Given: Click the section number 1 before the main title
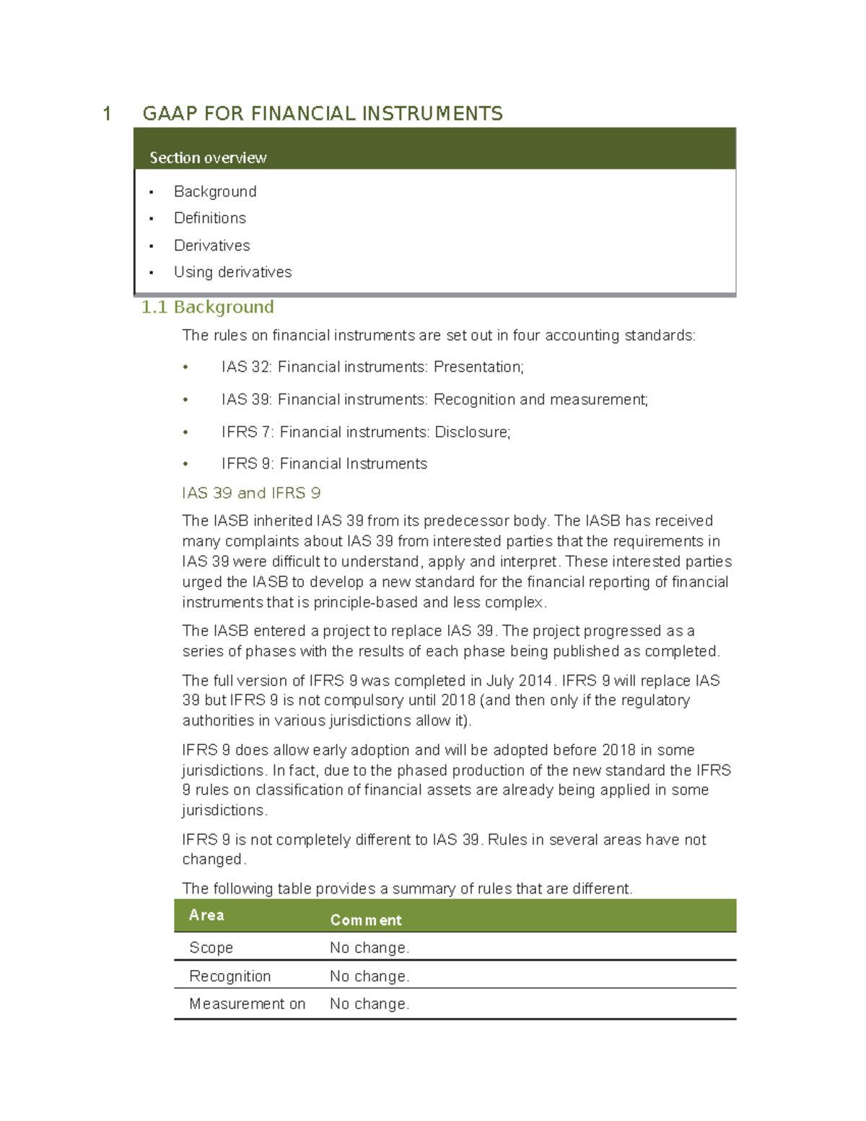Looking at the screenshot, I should pos(107,113).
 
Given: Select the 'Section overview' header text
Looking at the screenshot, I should pos(208,157).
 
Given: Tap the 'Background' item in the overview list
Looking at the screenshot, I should pos(215,191).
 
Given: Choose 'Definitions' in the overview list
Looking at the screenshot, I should pos(210,218).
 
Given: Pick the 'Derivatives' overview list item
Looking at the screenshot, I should pos(212,245).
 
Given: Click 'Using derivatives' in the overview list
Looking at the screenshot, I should pos(232,272).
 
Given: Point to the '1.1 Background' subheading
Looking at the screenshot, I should pos(208,307).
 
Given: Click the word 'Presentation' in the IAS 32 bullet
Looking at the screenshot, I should pos(477,367).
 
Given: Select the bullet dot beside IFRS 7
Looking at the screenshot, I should pos(185,432).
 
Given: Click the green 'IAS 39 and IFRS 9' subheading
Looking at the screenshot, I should pos(251,493).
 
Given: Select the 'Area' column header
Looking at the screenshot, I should pos(206,915).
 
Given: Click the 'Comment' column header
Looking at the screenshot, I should pos(366,920).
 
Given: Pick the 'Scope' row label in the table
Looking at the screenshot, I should pos(211,947).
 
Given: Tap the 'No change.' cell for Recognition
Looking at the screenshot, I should pos(369,976).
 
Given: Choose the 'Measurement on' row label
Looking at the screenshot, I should pos(247,1003).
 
